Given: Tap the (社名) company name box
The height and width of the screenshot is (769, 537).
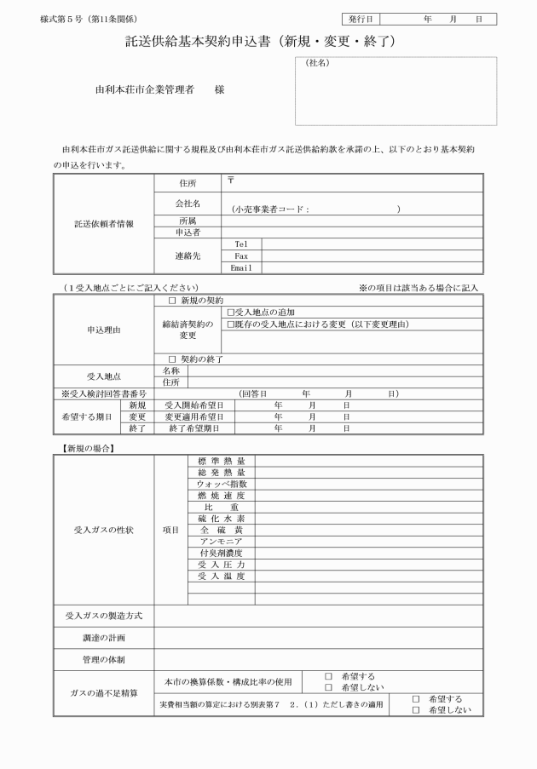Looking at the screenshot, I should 396,91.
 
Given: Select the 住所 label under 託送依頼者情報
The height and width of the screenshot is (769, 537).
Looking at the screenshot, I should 188,182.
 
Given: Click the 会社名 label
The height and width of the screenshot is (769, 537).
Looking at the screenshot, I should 188,204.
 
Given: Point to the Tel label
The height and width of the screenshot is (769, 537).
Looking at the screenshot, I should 241,244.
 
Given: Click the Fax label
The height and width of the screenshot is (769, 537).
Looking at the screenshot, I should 241,255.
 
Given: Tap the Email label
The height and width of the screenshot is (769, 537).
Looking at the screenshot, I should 242,267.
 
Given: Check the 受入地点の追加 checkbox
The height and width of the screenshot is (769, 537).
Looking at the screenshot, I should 230,313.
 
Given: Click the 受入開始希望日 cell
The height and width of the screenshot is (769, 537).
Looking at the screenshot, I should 194,405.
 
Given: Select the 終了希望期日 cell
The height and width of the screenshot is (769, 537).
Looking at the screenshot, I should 194,429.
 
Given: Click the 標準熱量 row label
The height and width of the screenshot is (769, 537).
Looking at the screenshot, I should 222,462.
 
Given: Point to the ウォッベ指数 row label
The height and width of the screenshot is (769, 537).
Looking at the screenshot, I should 222,484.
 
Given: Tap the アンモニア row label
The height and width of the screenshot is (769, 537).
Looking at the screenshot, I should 222,541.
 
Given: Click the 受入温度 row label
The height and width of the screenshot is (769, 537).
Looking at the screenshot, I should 222,576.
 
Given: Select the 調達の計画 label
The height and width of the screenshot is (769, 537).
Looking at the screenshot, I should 103,636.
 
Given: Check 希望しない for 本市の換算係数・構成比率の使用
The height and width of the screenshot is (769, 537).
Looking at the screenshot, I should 329,687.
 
